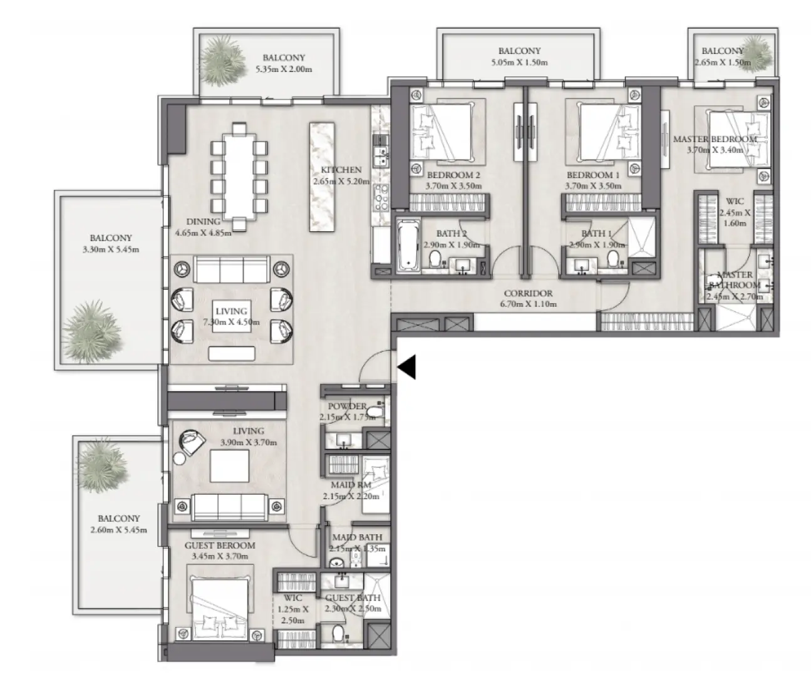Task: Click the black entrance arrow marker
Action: coord(407,367)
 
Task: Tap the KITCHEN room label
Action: coord(341,170)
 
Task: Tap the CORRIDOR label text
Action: coord(529,293)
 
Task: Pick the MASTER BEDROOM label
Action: coord(715,139)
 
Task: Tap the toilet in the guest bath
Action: coord(338,634)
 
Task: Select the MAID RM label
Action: coord(351,485)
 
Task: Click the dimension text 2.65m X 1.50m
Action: coord(722,63)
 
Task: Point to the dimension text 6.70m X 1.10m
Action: coord(529,304)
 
